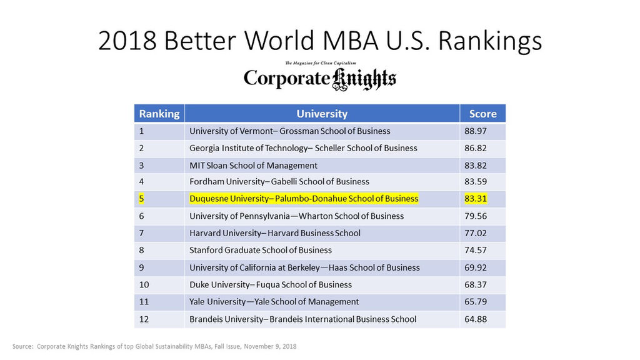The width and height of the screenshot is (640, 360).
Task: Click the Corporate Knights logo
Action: (x=320, y=76)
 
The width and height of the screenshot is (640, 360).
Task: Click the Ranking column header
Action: (x=159, y=114)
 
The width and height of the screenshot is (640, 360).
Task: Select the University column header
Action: (x=322, y=114)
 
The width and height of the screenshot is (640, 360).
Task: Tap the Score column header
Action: (x=483, y=114)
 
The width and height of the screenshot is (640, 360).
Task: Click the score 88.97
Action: (x=476, y=131)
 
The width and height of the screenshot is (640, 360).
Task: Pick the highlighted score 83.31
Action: (x=476, y=199)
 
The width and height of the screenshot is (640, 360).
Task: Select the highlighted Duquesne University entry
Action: (x=304, y=199)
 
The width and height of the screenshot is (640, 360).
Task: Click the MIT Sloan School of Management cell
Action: (x=253, y=165)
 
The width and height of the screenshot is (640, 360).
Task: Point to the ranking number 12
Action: (x=144, y=319)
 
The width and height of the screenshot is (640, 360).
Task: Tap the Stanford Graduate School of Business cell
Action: (x=261, y=250)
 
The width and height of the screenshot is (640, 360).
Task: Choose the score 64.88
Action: (x=476, y=319)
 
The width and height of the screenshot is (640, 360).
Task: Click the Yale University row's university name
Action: (x=274, y=302)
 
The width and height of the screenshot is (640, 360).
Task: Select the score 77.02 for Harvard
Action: (x=476, y=233)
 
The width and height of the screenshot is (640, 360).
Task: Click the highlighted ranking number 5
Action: (x=141, y=199)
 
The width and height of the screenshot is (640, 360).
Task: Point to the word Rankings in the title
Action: (x=490, y=41)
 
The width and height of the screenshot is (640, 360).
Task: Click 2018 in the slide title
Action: (x=127, y=41)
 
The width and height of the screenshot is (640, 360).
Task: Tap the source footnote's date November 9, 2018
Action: (x=270, y=346)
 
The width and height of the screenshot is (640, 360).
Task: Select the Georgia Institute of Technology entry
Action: (x=303, y=148)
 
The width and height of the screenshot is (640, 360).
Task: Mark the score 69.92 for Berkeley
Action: (x=476, y=267)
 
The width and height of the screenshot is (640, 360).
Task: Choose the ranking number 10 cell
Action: (x=144, y=285)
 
